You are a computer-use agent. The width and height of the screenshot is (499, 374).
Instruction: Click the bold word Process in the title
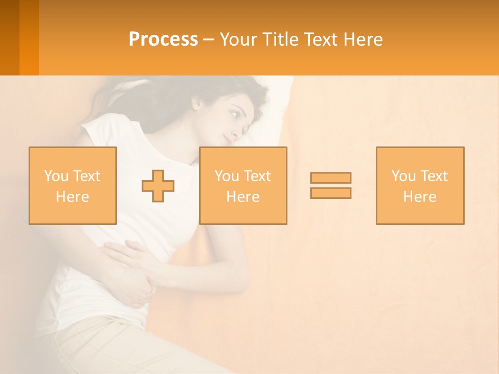[x=163, y=39]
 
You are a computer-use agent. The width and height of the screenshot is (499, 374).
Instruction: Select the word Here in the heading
[x=362, y=39]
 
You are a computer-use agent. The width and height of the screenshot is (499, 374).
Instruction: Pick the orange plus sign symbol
[x=158, y=186]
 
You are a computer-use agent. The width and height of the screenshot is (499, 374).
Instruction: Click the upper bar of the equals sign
[x=331, y=178]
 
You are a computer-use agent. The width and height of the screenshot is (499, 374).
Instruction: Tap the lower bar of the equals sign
[x=331, y=193]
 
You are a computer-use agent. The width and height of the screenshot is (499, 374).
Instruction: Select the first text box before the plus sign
[x=73, y=185]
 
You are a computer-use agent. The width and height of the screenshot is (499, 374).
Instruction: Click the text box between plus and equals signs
[x=243, y=185]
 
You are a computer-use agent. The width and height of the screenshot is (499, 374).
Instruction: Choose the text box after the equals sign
[x=420, y=185]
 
